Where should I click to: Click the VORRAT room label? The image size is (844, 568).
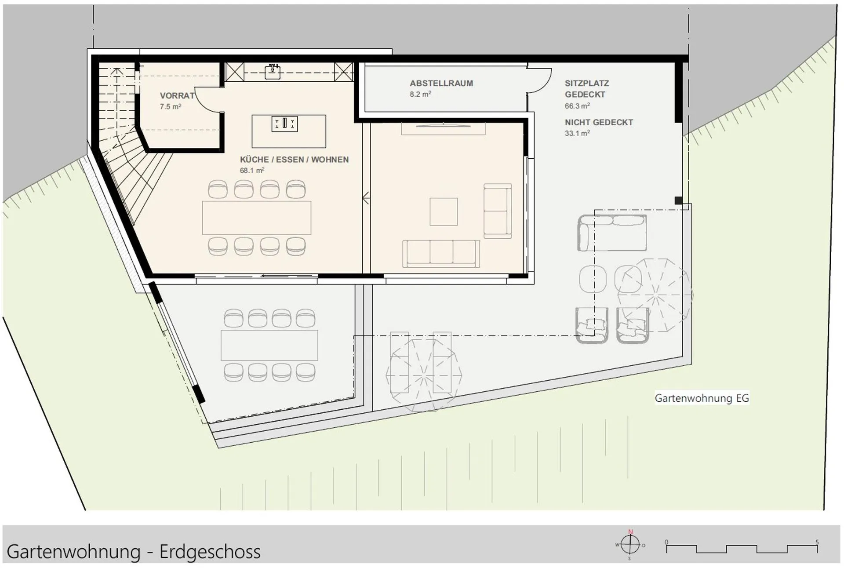tap(177, 95)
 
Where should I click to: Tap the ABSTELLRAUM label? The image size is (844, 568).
tap(441, 83)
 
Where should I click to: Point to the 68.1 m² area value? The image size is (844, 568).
tap(252, 170)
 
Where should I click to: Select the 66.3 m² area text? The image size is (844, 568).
tap(577, 106)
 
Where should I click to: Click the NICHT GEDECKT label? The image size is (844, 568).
tap(599, 122)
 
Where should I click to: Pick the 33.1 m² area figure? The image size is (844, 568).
tap(577, 133)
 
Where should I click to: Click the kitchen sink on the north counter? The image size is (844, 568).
tap(273, 71)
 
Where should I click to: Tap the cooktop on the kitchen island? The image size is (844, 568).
tap(284, 124)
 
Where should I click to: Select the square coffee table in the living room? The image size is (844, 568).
tap(444, 211)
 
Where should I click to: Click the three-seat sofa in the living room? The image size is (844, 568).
tap(441, 254)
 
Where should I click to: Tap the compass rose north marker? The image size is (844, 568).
tap(630, 532)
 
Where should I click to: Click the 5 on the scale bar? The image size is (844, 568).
tap(817, 542)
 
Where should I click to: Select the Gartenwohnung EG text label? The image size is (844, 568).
tap(702, 398)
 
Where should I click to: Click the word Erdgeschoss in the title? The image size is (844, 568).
tap(210, 552)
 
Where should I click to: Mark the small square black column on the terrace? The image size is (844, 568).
tap(679, 200)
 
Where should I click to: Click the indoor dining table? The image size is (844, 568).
tap(257, 218)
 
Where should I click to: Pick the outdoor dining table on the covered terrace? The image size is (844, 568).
tap(269, 345)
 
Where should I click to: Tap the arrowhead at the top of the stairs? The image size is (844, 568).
tap(116, 71)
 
